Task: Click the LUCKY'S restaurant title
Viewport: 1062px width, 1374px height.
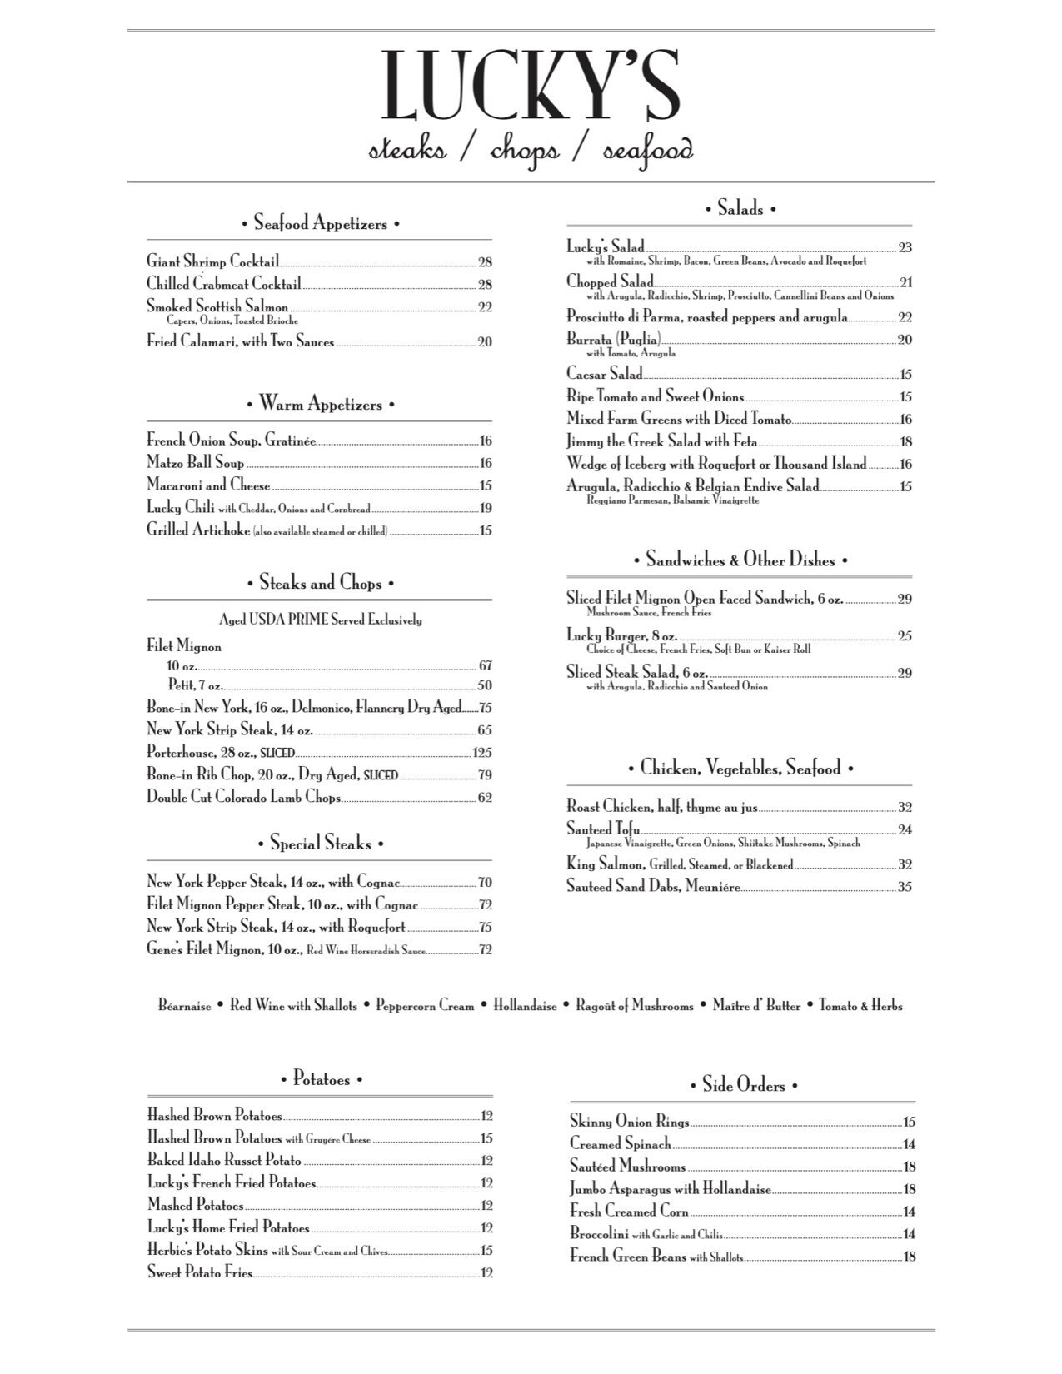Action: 531,87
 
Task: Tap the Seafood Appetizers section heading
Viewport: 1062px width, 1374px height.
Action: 320,223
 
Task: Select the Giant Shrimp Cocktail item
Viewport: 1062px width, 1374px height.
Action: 212,261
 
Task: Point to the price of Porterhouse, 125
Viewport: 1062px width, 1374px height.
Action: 481,753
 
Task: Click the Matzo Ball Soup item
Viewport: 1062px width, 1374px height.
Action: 196,463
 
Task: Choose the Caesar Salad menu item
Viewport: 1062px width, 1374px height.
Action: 605,374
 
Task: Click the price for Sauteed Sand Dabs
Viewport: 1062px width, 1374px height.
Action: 905,887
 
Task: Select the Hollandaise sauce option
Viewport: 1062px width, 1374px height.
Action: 525,1006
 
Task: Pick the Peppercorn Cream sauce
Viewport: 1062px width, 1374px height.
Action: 425,1006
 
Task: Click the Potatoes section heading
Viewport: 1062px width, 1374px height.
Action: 321,1079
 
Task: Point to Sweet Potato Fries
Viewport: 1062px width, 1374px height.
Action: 200,1272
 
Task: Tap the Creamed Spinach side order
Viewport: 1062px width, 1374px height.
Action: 621,1144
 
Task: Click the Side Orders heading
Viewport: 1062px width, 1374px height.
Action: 743,1085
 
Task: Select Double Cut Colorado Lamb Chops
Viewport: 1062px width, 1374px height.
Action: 243,797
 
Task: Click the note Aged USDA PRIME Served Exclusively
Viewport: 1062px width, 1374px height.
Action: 320,620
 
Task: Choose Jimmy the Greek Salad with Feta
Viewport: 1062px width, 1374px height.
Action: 662,441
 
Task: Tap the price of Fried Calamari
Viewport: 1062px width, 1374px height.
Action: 484,342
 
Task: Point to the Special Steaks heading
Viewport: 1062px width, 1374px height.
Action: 320,844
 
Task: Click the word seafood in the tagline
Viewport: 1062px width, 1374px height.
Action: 647,151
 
